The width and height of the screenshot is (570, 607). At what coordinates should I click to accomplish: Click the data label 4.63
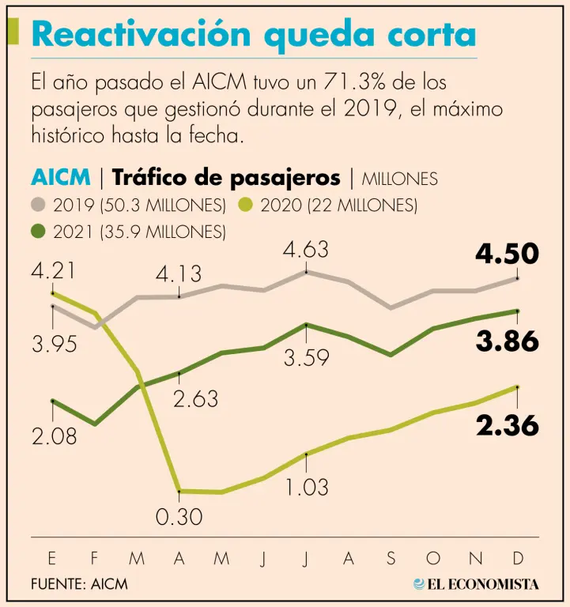[x=306, y=251]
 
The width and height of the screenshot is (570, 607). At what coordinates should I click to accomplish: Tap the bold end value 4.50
[x=507, y=254]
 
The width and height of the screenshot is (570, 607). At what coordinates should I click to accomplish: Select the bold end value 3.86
[x=507, y=341]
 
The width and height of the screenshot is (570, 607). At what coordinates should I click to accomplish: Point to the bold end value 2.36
[x=507, y=426]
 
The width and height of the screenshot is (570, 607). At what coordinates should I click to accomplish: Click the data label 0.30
[x=179, y=518]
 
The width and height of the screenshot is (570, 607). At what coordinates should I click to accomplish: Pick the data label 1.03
[x=305, y=487]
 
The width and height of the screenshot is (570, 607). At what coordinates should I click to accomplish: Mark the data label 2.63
[x=195, y=399]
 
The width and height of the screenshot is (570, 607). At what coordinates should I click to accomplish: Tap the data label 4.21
[x=52, y=271]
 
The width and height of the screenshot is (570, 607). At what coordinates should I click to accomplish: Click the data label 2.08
[x=54, y=435]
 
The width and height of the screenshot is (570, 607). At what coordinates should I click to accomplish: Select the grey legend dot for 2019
[x=40, y=205]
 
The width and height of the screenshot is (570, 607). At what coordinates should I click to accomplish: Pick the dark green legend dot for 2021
[x=40, y=232]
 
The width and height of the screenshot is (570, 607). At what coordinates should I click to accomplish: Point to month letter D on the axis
[x=518, y=559]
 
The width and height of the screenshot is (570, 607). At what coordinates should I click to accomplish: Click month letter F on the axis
[x=95, y=559]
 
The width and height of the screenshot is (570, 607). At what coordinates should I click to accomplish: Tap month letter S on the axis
[x=391, y=559]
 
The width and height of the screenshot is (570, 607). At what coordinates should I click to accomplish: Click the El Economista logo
[x=476, y=584]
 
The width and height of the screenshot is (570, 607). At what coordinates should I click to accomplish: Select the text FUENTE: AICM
[x=79, y=584]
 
